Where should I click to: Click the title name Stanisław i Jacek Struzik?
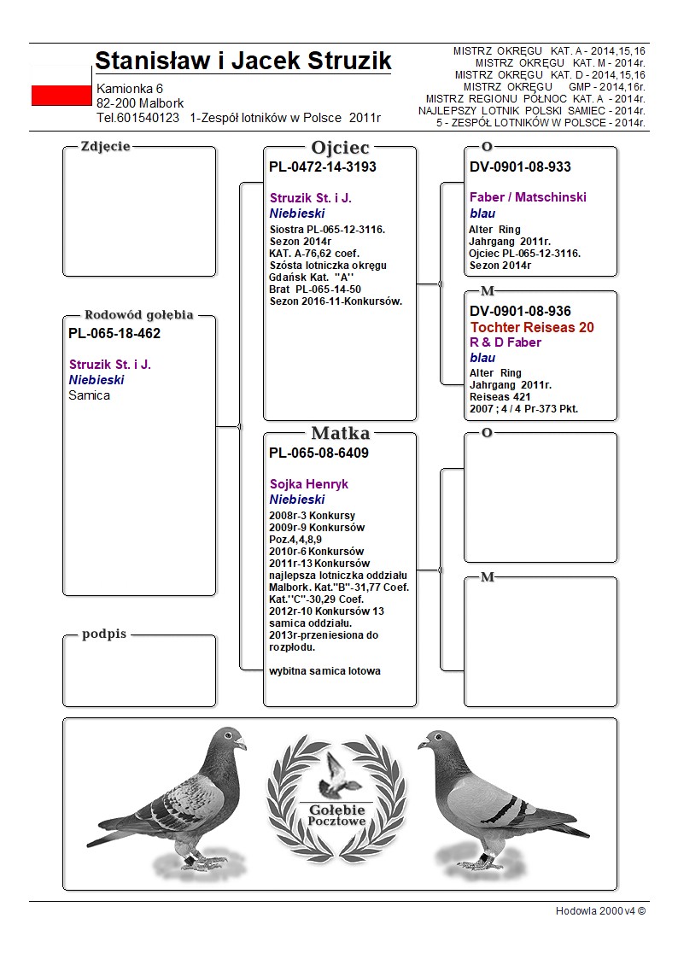point(243,61)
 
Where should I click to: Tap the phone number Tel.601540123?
point(138,118)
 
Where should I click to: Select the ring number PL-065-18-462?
point(114,334)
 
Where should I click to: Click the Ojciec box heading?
point(340,148)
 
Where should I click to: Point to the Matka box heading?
point(340,434)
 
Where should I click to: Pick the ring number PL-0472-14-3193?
point(323,167)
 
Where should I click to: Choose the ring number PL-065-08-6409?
point(319,453)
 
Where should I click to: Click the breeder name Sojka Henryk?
point(309,484)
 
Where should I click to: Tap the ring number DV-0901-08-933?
point(520,167)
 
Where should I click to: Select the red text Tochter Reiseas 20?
point(532,327)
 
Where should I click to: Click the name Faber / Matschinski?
point(528,197)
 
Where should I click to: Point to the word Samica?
point(90,395)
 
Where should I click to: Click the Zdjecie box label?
point(105,146)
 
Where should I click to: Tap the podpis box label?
point(104,634)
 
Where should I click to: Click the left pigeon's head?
point(229,740)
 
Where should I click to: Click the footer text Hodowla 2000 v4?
point(600,911)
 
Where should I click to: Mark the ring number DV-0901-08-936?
point(520,312)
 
